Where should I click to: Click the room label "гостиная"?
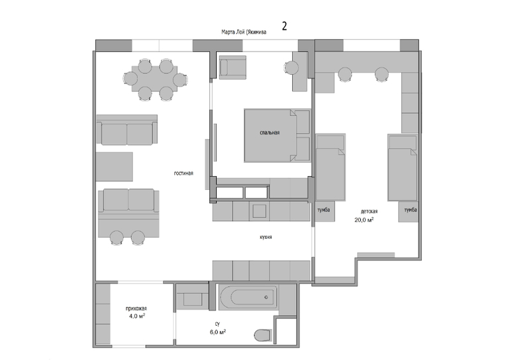[x=183, y=173]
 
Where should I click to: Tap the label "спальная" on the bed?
[x=270, y=132]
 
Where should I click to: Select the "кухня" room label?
[x=266, y=237]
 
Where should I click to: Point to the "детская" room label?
[x=369, y=211]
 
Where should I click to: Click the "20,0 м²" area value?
[x=364, y=220]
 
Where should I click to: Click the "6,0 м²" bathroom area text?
[x=218, y=332]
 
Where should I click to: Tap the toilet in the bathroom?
[x=263, y=336]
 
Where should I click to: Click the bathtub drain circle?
[x=266, y=297]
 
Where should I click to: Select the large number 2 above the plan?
[x=284, y=26]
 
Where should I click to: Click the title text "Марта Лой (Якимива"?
[x=244, y=32]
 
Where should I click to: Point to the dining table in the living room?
[x=154, y=79]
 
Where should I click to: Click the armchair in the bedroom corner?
[x=232, y=67]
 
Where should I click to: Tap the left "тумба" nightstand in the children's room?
[x=324, y=212]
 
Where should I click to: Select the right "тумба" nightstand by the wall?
[x=409, y=212]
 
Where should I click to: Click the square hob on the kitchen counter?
[x=259, y=211]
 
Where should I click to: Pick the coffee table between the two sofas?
[x=115, y=166]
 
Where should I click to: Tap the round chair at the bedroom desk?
[x=291, y=68]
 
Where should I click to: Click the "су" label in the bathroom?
[x=218, y=324]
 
